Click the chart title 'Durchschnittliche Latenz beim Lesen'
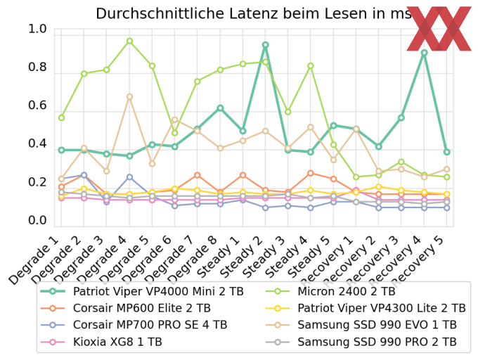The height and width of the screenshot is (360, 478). pos(239,13)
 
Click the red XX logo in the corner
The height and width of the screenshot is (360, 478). pos(439,29)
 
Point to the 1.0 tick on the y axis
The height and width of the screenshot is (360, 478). pos(37,30)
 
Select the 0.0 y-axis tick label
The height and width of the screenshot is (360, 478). pos(37,221)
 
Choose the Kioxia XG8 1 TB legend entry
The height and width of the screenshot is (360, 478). pos(117,342)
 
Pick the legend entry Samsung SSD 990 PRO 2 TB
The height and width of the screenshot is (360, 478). pos(377,342)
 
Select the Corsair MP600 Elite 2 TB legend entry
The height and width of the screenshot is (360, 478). pos(141,308)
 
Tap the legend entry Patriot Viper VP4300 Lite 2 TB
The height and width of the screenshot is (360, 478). pos(381,308)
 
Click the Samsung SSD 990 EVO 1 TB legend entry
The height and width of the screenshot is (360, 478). pos(376,326)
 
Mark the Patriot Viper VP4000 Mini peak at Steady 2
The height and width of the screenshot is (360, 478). pos(265,45)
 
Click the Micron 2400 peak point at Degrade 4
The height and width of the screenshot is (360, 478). pos(129,41)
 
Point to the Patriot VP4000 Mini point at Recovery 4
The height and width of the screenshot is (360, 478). pos(424,53)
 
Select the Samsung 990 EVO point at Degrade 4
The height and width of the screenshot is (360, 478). pos(129,97)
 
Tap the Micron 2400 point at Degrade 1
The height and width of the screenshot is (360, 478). pos(61,117)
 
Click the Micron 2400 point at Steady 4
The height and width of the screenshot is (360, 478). pos(311,66)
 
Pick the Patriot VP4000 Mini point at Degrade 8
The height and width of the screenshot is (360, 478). pos(220,108)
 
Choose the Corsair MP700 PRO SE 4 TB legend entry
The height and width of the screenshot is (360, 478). pos(150,326)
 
